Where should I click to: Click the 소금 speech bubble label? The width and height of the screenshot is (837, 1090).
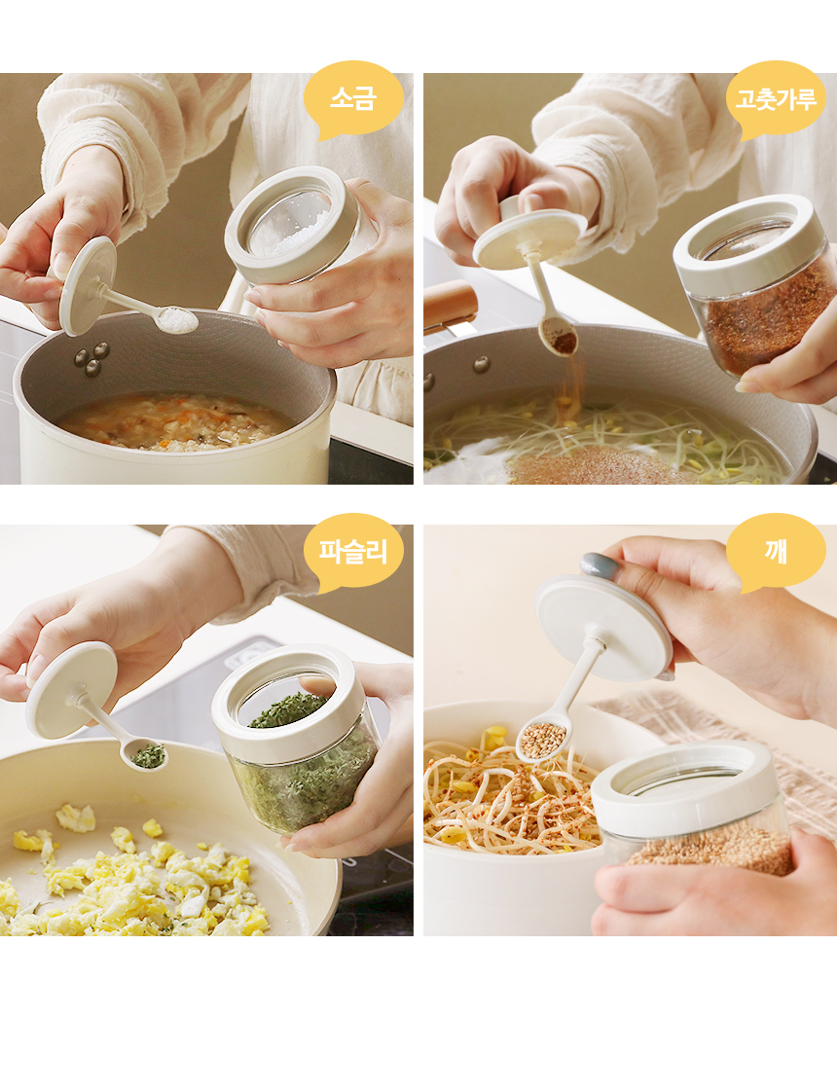352,98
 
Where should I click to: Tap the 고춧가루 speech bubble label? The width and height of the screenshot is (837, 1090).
776,99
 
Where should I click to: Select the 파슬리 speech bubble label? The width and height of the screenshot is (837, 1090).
352,551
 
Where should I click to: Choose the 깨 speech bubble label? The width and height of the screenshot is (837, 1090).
776,551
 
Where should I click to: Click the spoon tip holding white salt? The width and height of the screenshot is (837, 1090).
176,319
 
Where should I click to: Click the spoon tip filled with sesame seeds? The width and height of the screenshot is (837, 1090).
542,740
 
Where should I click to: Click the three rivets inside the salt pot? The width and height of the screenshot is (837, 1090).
91,358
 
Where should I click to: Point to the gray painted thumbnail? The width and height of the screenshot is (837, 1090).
600,565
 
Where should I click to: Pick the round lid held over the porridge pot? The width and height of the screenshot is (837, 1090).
88,286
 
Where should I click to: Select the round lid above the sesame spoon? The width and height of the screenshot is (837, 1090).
603,628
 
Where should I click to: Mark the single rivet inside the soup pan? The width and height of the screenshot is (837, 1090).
481,364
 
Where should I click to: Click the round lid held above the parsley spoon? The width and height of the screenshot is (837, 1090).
72,690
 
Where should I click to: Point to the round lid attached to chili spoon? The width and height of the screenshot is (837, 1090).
530,237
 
